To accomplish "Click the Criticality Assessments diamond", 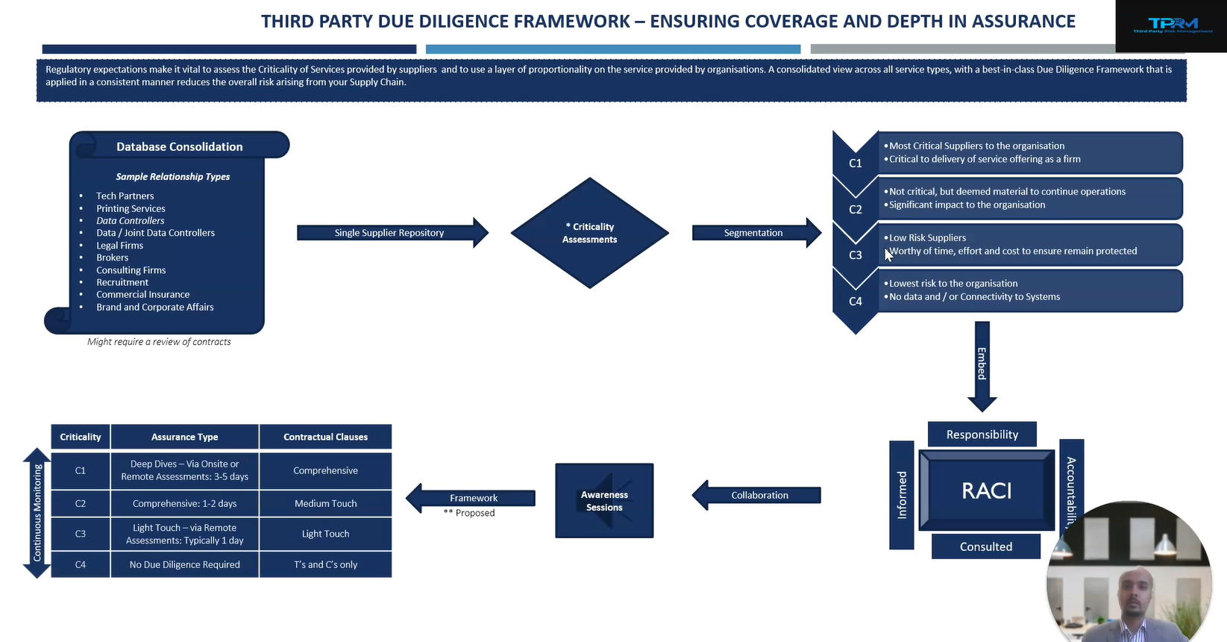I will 589,233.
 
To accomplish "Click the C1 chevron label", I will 856,163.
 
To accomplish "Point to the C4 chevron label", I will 856,302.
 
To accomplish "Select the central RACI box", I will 986,490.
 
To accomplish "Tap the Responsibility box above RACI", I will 982,434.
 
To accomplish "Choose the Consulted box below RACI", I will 985,546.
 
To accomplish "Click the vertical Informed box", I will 902,494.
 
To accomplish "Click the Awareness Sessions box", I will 604,500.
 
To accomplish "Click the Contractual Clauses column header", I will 325,437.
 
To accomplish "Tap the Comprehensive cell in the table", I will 325,470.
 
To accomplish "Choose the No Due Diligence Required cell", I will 184,564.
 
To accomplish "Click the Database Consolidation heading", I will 179,146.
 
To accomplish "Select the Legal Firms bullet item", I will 119,245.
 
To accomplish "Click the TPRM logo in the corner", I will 1172,25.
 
